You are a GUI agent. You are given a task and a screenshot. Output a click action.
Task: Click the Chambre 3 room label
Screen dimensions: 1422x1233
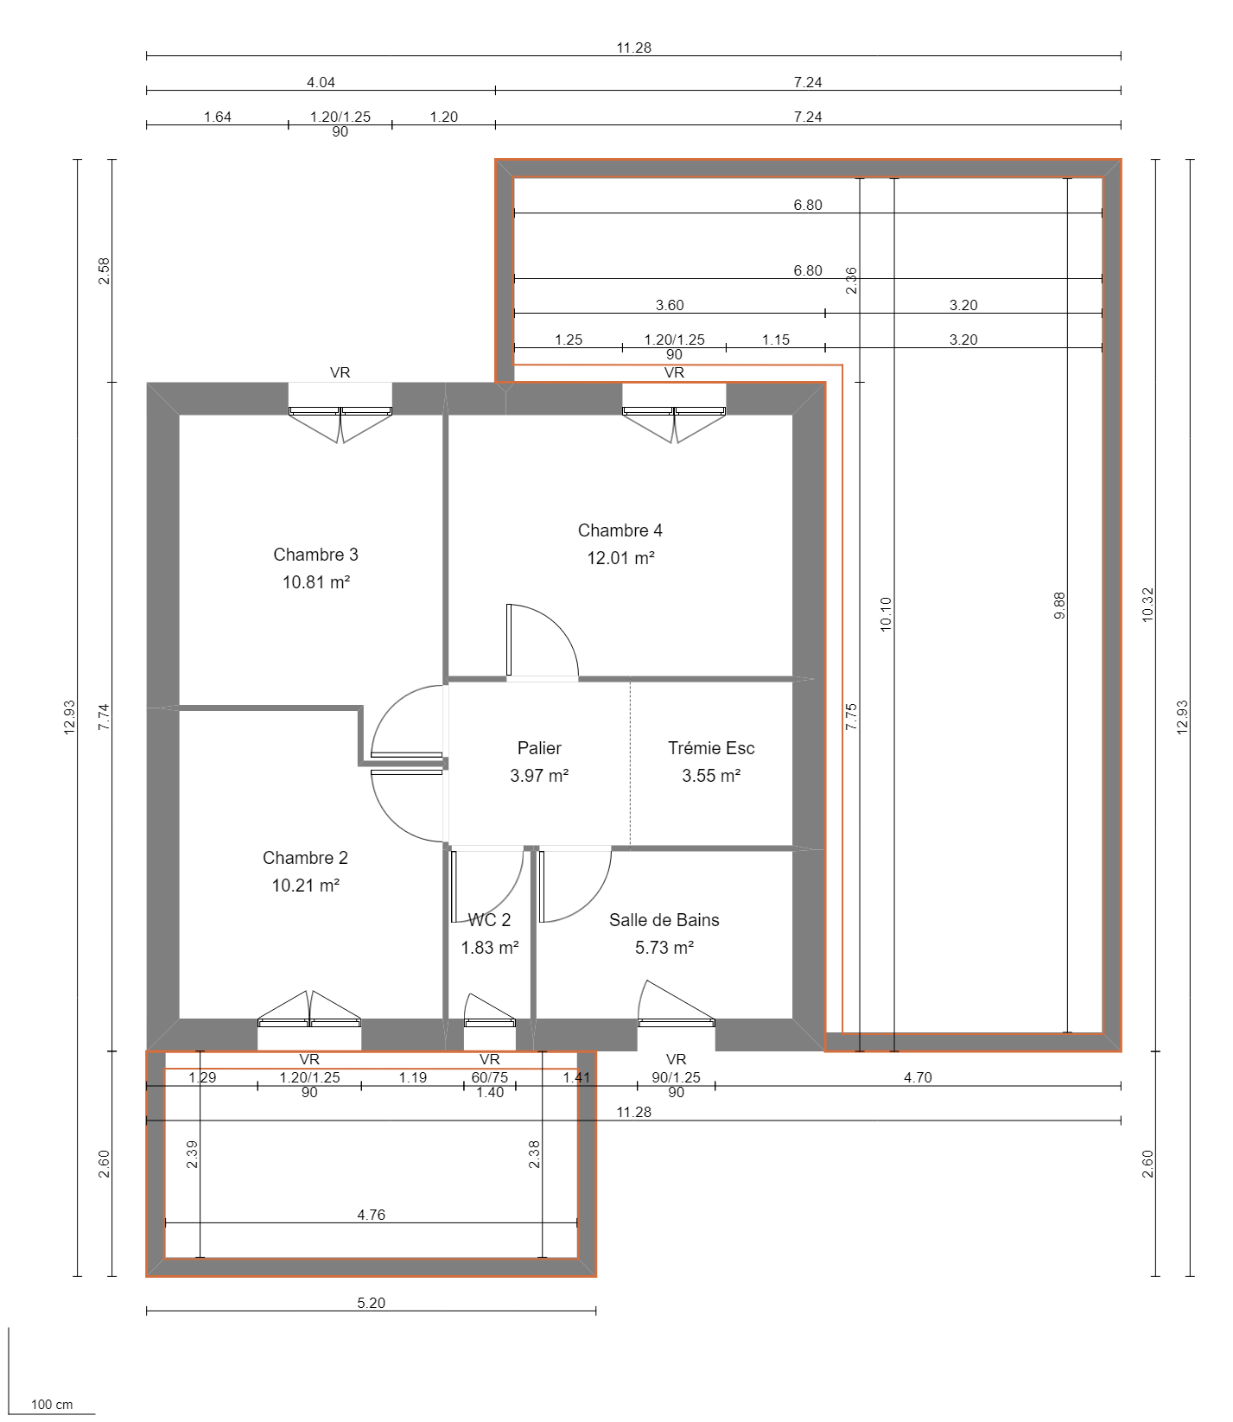315,555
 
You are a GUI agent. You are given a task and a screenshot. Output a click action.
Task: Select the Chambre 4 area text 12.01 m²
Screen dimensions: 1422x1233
620,558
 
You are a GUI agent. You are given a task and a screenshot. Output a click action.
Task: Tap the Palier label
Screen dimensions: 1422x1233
539,748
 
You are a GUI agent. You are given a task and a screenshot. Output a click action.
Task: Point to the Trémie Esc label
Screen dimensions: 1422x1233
711,748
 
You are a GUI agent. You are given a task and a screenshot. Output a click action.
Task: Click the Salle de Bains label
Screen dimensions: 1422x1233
664,920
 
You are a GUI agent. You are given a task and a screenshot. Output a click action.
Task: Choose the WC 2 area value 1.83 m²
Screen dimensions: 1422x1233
489,948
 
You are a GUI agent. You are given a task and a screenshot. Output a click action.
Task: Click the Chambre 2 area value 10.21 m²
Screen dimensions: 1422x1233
305,886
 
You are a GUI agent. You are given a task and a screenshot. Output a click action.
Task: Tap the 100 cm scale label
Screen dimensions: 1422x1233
52,1405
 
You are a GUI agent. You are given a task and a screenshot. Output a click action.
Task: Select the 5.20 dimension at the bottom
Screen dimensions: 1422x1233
371,1303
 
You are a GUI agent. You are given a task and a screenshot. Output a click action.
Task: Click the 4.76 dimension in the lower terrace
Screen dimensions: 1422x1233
371,1215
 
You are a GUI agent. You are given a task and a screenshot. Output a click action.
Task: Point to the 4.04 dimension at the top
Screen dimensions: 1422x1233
321,82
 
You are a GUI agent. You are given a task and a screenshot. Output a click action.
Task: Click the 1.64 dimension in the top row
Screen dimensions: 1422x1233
217,117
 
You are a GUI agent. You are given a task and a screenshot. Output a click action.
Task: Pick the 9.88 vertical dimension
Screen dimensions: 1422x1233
1059,605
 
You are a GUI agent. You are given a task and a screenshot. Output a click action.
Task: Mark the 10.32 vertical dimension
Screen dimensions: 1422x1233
1147,605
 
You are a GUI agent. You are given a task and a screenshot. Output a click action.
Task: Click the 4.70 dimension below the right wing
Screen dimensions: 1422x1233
918,1077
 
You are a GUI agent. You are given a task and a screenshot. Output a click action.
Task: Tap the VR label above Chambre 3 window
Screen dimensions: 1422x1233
340,372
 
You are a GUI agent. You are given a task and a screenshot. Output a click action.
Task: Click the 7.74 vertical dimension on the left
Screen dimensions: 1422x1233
104,717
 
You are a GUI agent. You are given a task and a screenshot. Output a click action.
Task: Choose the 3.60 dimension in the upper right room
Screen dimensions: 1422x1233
669,305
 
